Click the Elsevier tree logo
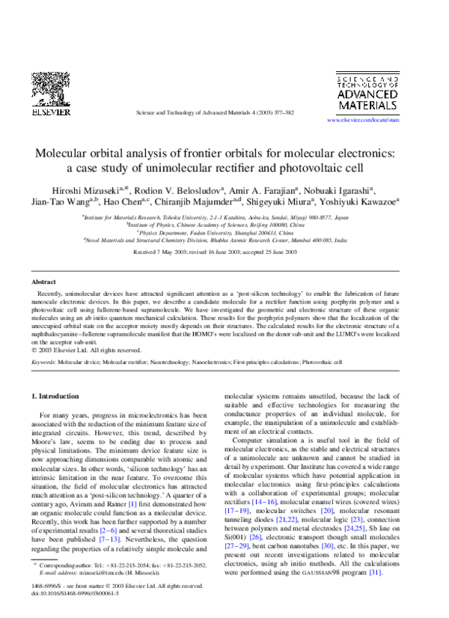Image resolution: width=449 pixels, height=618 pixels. click(50, 88)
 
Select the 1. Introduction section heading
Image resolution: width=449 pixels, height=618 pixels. click(58, 395)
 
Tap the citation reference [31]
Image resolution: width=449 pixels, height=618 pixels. click(374, 552)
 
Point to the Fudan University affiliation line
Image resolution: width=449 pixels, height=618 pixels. click(224, 233)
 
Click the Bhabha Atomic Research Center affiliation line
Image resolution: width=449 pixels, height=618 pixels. click(224, 241)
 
